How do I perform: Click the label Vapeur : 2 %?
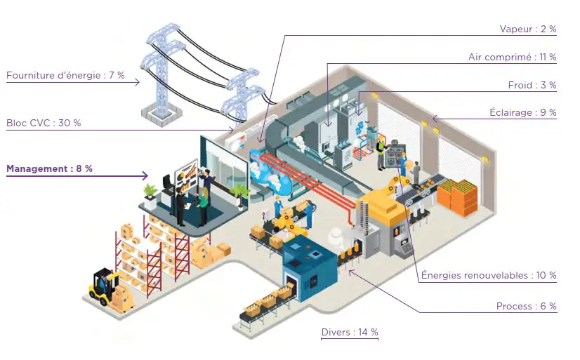[x=527, y=29]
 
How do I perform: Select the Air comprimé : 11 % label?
[x=512, y=58]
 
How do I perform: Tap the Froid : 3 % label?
[x=532, y=85]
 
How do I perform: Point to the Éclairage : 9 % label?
[x=522, y=112]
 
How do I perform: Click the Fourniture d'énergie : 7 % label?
[x=65, y=76]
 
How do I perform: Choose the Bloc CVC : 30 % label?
[x=44, y=123]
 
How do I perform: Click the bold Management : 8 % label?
[x=49, y=168]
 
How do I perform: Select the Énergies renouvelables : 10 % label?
[x=488, y=275]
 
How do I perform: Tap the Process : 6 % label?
[x=526, y=306]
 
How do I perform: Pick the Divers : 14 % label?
[x=350, y=332]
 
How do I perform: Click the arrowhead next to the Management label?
[x=145, y=175]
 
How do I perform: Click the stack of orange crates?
[x=461, y=196]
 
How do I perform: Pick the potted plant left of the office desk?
[x=150, y=192]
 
